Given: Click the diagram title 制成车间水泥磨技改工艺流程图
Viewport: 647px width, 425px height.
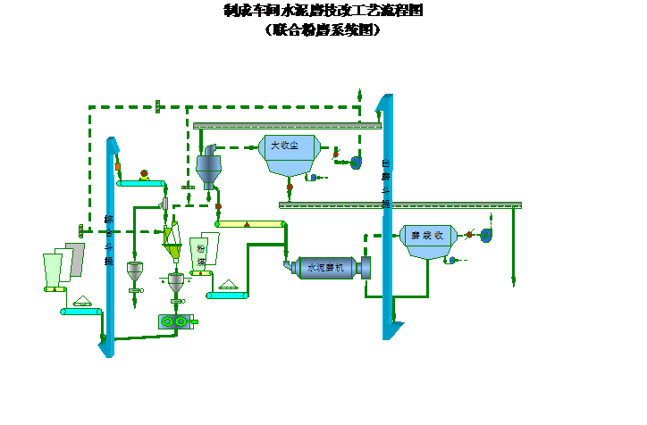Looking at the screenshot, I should (323, 11).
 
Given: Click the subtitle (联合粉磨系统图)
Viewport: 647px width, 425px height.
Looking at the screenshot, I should (323, 29).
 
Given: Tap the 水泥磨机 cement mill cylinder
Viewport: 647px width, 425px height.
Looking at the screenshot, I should (326, 266).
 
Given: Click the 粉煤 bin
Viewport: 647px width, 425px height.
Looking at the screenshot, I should (203, 255).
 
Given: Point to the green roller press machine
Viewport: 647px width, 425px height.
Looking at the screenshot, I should (172, 321).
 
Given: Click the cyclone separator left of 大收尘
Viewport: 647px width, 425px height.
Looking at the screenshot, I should (208, 168).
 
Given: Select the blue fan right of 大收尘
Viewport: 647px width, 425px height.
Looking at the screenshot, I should (355, 162).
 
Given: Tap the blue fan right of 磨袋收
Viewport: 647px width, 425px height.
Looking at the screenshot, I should (486, 235).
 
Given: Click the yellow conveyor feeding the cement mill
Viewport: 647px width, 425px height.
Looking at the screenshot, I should (249, 223).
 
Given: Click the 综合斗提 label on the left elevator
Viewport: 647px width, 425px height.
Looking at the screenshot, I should (109, 239).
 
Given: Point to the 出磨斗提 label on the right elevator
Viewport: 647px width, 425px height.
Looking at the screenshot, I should (386, 183).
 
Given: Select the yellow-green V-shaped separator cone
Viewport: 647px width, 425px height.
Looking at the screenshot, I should (170, 237).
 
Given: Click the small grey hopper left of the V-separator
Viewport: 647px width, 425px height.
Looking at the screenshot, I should (135, 270).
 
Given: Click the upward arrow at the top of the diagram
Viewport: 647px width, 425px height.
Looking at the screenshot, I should (358, 92).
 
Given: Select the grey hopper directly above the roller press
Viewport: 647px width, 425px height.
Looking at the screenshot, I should (176, 281).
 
